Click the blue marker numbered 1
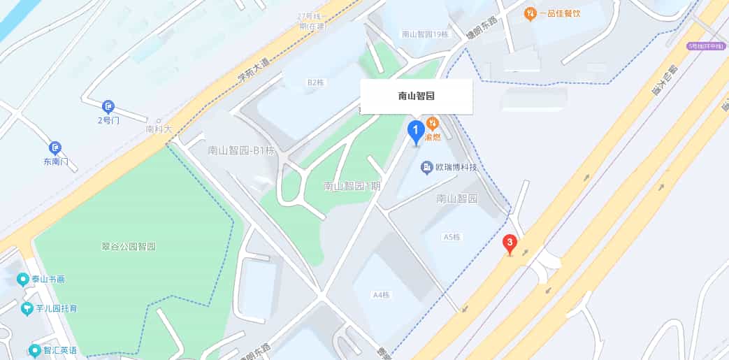[x=415, y=131]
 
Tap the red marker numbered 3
[x=510, y=245]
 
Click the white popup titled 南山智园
[x=417, y=96]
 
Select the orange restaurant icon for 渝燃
[x=433, y=124]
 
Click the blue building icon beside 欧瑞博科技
[x=426, y=167]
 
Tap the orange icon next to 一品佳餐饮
[x=530, y=13]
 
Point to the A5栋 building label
[x=453, y=237]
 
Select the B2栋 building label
[x=316, y=82]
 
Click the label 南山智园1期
[x=352, y=186]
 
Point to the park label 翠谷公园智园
[x=128, y=247]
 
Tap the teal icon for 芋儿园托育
[x=27, y=308]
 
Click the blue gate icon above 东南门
[x=55, y=148]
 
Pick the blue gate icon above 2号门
[x=108, y=107]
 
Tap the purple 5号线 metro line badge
[x=704, y=46]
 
